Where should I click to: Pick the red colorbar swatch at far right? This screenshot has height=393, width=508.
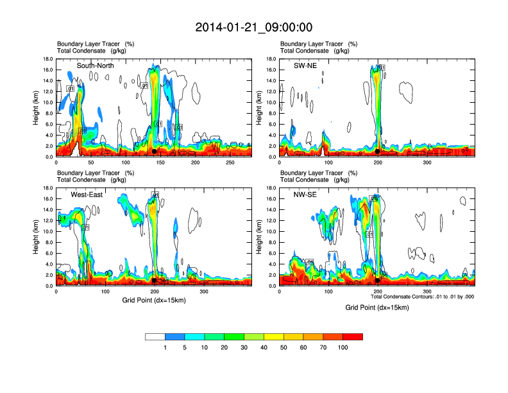353,336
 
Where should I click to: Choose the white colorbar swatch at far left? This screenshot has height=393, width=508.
155,336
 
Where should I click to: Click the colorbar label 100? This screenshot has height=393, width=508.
343,347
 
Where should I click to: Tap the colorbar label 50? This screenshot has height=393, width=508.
264,347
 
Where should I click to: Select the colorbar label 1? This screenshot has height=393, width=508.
165,347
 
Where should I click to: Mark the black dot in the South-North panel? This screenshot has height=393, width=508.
154,151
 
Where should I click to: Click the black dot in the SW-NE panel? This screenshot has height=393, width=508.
378,152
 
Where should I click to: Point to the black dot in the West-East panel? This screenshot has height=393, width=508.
154,280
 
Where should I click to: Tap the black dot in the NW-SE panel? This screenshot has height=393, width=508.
378,280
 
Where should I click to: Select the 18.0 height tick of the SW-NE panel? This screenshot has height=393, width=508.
270,59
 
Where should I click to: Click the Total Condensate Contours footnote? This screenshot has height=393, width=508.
421,297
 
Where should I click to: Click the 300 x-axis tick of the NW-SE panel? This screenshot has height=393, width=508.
427,292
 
